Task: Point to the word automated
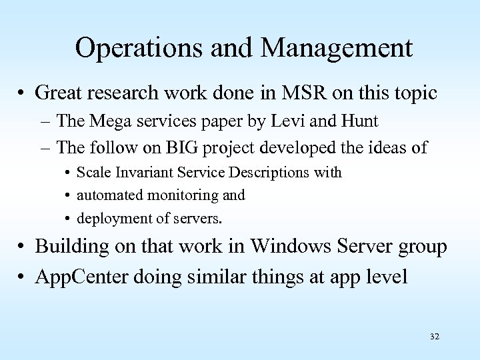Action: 107,195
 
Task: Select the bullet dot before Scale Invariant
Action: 69,173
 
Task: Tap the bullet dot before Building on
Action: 24,247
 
